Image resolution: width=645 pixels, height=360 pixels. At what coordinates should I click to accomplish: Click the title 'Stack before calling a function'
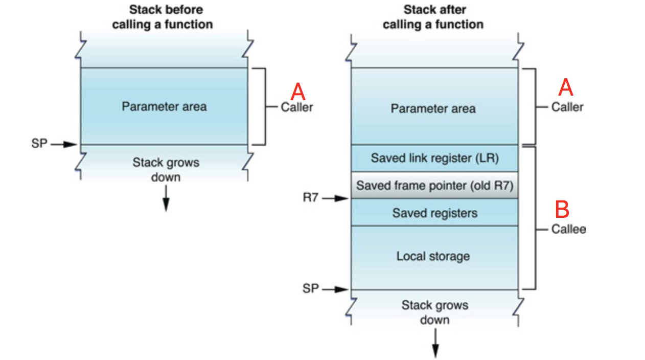(162, 17)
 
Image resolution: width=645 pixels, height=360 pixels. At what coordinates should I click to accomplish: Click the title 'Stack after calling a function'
(433, 17)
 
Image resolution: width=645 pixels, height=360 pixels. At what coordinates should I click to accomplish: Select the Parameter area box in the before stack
(164, 106)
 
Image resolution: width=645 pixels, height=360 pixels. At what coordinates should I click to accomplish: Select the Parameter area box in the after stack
(433, 108)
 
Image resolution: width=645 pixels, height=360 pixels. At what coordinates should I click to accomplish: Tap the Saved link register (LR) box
(434, 158)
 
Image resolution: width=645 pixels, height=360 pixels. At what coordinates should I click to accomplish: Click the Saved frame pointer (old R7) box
(434, 185)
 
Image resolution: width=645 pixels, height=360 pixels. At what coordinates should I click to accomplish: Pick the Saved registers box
(434, 213)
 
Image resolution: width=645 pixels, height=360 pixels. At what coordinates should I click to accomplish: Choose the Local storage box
(433, 256)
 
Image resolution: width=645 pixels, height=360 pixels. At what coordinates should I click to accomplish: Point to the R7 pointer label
(311, 198)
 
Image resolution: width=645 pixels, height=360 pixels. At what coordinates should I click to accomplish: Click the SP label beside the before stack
(39, 144)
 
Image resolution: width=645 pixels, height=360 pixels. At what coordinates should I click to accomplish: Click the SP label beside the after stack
(311, 289)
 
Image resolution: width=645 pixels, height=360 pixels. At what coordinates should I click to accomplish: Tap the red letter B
(562, 210)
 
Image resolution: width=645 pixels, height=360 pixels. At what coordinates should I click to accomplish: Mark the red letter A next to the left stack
(298, 92)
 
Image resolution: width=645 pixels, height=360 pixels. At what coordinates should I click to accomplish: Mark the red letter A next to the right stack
(565, 88)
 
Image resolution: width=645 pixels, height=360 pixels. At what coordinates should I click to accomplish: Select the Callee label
(568, 229)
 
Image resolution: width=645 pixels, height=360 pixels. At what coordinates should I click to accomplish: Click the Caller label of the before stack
(297, 107)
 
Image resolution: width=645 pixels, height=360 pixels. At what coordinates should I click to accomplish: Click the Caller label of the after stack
(567, 107)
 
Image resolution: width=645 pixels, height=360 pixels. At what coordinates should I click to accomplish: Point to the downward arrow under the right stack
(435, 344)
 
